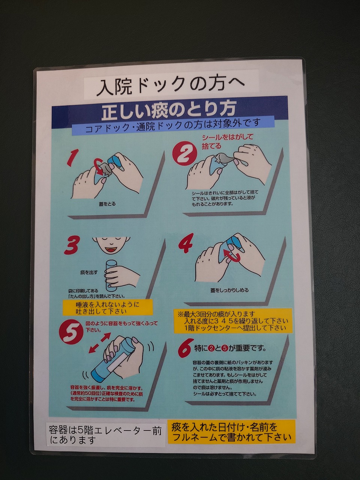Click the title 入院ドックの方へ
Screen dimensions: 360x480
pyautogui.click(x=170, y=84)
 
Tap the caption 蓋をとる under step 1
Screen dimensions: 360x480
pyautogui.click(x=107, y=204)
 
